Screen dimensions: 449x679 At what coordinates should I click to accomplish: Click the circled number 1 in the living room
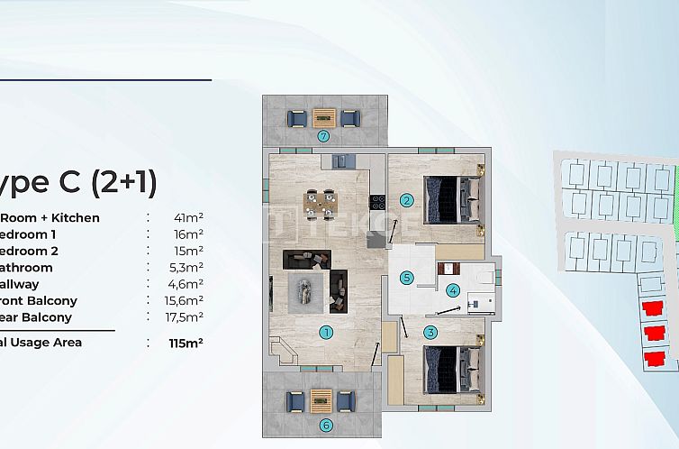coord(326,332)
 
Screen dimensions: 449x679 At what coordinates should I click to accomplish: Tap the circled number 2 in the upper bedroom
coord(407,200)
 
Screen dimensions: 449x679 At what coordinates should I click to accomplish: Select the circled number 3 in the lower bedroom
coord(430,333)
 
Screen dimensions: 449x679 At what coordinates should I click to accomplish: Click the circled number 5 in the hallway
coord(407,278)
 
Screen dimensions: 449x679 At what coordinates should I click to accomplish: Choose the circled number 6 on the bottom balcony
coord(325,426)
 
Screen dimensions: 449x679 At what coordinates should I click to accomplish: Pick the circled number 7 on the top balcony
coord(323,137)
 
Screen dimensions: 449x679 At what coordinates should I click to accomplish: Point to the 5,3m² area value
coord(188,267)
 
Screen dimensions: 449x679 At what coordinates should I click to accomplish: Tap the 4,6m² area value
coord(188,284)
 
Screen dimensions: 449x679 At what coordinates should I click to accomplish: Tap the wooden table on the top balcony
coord(324,117)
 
